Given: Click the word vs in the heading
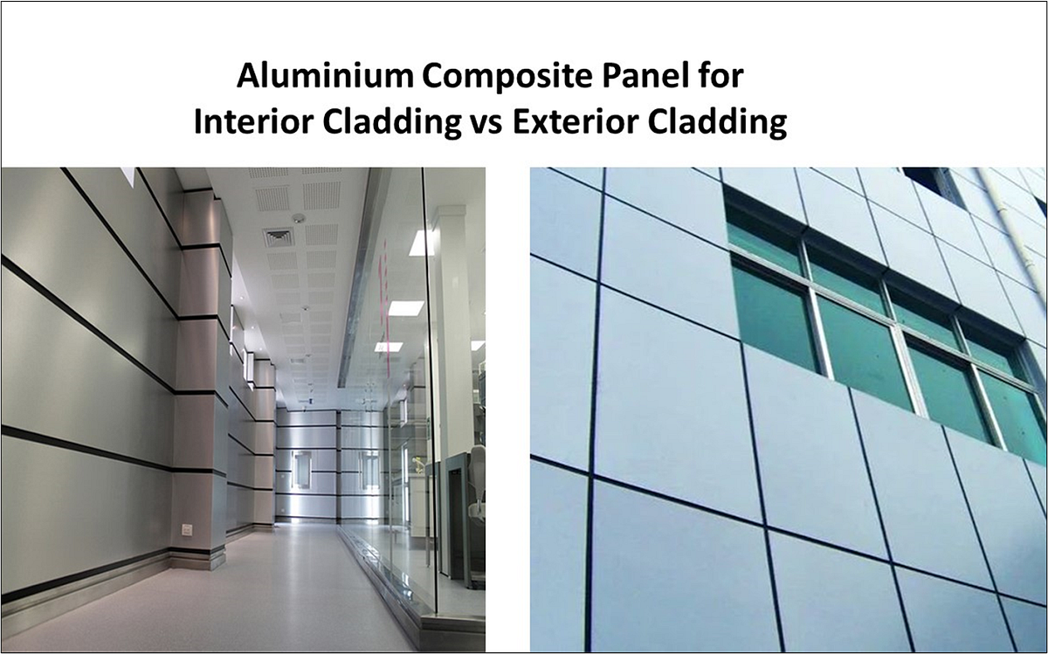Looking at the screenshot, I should coord(485,123).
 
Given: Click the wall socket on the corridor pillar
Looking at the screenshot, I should coord(186,529).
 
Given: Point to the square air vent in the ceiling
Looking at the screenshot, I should coord(279,237).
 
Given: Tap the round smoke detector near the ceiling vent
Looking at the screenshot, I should coord(299,218).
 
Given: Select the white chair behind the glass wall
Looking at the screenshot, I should coord(477,489).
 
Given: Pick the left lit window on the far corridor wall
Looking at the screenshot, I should coord(302,470).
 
